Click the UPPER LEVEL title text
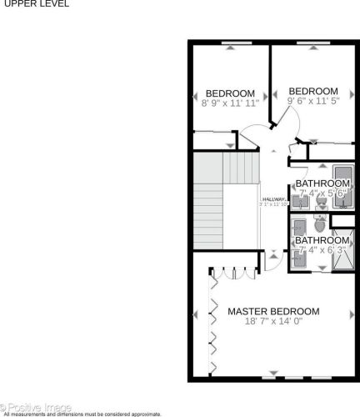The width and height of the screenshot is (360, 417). click(35, 4)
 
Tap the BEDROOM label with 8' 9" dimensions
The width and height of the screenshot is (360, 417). click(230, 93)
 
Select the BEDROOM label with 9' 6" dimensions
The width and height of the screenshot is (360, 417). click(313, 92)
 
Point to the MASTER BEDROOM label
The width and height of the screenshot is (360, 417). click(284, 312)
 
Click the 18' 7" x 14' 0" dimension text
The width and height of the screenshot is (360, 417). click(284, 322)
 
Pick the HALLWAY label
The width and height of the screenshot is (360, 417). click(274, 199)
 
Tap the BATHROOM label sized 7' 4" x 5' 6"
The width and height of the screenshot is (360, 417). click(322, 183)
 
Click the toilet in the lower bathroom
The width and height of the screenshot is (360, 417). click(320, 224)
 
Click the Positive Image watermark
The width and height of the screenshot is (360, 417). click(38, 407)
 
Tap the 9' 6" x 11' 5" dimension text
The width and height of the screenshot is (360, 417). click(313, 102)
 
